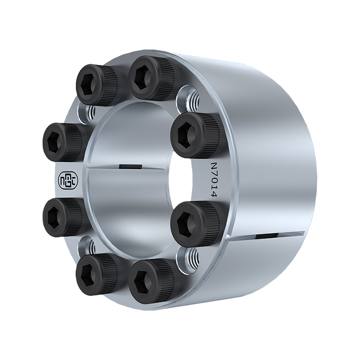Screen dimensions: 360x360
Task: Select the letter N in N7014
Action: (214, 166)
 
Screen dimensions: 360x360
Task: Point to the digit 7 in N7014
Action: (214, 173)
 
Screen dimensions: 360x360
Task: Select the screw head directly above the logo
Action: (63, 142)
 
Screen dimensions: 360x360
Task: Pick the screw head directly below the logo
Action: (63, 217)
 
